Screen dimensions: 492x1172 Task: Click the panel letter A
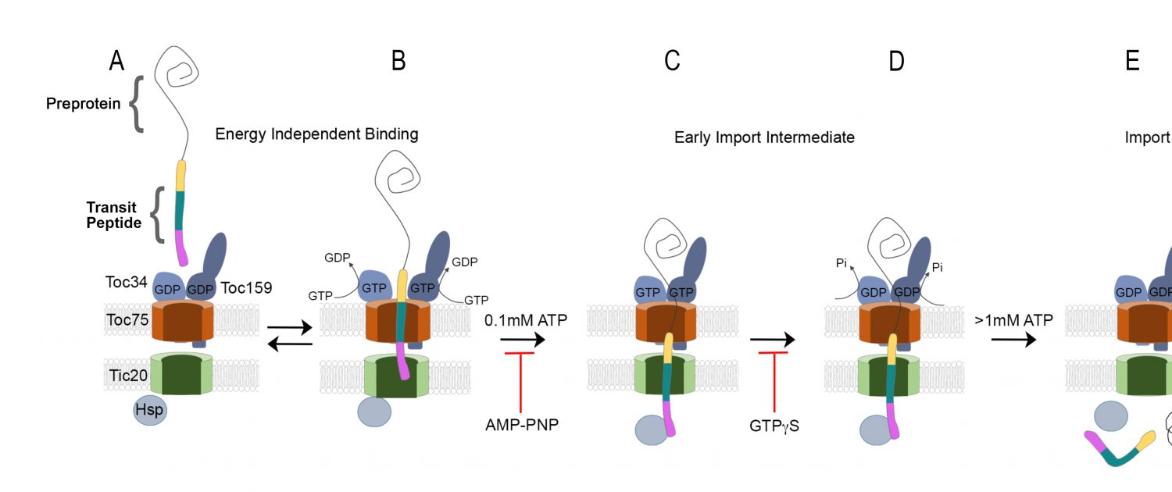(116, 61)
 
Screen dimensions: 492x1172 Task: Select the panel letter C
(672, 61)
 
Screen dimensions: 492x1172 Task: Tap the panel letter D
(896, 61)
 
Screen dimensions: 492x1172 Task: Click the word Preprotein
(83, 104)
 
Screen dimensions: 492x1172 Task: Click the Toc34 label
(126, 281)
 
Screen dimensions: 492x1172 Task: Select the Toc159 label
(246, 287)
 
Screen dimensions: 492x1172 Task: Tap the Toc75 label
(127, 319)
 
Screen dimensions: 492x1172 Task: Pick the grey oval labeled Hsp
(149, 410)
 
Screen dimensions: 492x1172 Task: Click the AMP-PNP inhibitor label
(522, 425)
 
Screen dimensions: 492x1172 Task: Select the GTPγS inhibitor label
(774, 426)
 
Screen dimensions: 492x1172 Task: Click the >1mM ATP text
(1013, 319)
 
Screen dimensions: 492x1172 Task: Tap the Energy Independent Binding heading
(316, 134)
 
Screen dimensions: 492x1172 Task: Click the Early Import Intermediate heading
(764, 137)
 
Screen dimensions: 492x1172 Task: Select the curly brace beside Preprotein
(136, 104)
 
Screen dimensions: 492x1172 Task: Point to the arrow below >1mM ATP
(1013, 340)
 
